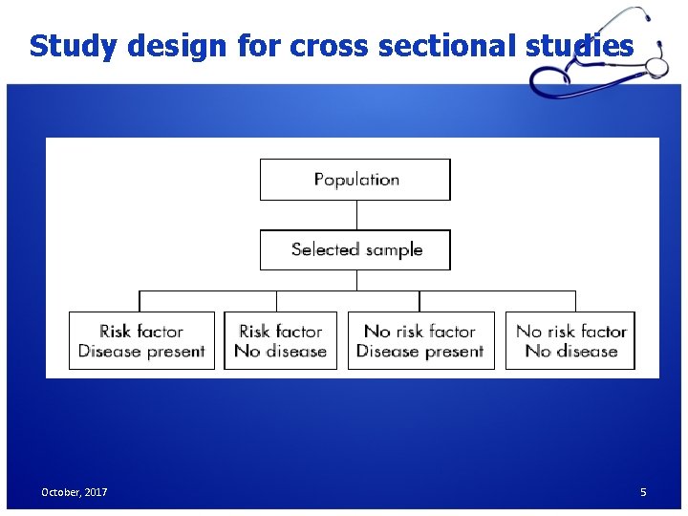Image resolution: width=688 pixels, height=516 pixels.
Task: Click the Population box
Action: pyautogui.click(x=355, y=180)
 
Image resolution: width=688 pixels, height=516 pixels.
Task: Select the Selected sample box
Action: pyautogui.click(x=355, y=250)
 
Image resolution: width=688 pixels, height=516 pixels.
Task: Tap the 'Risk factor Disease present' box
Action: pyautogui.click(x=141, y=341)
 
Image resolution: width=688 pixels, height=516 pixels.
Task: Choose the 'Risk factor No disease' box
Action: pyautogui.click(x=280, y=341)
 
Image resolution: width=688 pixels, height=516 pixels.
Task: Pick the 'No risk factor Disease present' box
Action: pyautogui.click(x=420, y=341)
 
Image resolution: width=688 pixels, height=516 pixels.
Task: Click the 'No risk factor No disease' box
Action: pyautogui.click(x=570, y=341)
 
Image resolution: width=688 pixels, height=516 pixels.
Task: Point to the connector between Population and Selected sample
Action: pyautogui.click(x=355, y=215)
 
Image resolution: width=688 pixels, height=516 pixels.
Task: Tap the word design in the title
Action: pyautogui.click(x=160, y=46)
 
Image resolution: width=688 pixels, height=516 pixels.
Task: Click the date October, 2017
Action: pyautogui.click(x=74, y=492)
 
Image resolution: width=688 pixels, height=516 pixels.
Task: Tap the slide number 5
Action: pyautogui.click(x=643, y=492)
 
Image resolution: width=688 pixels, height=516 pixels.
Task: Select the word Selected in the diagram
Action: pyautogui.click(x=324, y=250)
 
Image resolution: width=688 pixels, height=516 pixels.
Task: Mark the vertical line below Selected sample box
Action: pyautogui.click(x=355, y=280)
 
